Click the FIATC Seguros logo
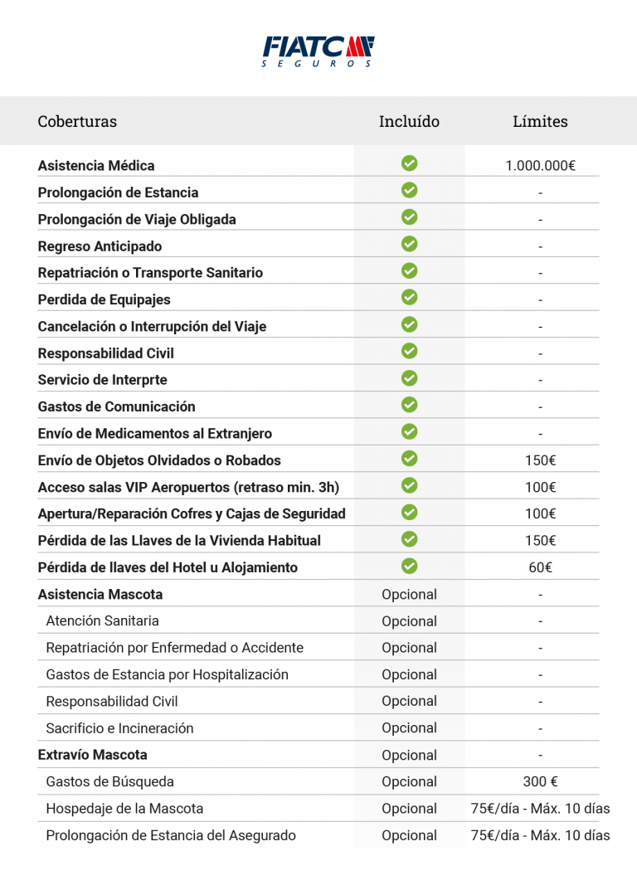click(x=318, y=51)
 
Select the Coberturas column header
click(x=77, y=122)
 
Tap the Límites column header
click(x=540, y=122)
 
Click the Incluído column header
click(x=409, y=122)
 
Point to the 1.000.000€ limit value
click(x=540, y=166)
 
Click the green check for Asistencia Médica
click(x=409, y=164)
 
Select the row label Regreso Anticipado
click(x=100, y=246)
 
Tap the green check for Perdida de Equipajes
click(x=409, y=298)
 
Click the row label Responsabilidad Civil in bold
click(x=106, y=353)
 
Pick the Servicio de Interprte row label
click(x=103, y=380)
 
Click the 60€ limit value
click(x=540, y=567)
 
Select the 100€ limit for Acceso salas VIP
click(x=540, y=487)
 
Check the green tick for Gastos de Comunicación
click(x=409, y=405)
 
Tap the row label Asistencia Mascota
click(x=100, y=594)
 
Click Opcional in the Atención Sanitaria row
click(x=409, y=621)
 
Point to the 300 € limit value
click(x=540, y=781)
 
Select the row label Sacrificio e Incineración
click(x=119, y=728)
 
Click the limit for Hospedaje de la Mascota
click(x=540, y=809)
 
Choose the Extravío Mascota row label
click(x=93, y=755)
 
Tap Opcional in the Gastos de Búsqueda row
click(x=409, y=781)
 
